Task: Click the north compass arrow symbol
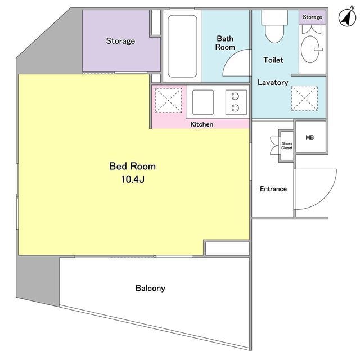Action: (x=348, y=17)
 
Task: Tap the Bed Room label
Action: (x=133, y=166)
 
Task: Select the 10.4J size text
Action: (x=133, y=179)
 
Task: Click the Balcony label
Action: (x=150, y=288)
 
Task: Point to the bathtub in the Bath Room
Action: (x=182, y=46)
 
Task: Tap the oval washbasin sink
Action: (x=310, y=49)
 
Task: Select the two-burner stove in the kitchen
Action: (x=236, y=102)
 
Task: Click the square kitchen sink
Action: (x=203, y=102)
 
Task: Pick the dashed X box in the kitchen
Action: (x=168, y=100)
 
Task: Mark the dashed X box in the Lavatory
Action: (x=304, y=98)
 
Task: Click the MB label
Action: (x=310, y=137)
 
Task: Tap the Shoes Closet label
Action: (x=287, y=146)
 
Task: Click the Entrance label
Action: (x=273, y=189)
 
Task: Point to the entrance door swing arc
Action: (x=331, y=195)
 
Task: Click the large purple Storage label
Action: (x=120, y=41)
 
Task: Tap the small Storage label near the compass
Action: (x=312, y=17)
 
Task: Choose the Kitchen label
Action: (x=202, y=124)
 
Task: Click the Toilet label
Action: (x=273, y=60)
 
